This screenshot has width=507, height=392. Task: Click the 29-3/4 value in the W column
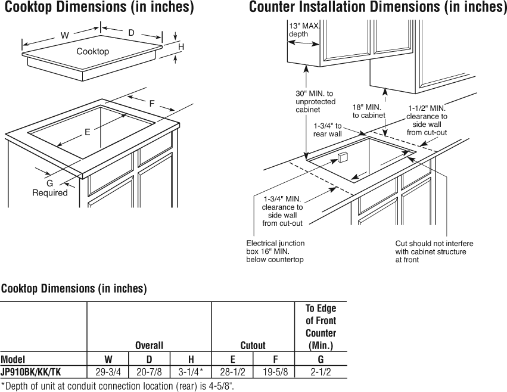107,372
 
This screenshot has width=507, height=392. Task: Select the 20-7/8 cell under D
149,372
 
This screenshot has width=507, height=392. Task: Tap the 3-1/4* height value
191,372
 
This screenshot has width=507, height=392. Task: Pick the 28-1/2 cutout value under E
232,372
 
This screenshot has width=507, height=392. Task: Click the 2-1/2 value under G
321,372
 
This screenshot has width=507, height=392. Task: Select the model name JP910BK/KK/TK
30,372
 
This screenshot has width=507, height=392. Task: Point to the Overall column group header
149,345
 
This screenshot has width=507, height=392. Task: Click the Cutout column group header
253,345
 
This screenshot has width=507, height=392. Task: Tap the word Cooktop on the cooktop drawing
92,52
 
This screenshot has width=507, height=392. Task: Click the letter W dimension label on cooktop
64,35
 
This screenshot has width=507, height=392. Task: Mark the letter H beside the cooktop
181,46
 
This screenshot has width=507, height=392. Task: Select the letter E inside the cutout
87,132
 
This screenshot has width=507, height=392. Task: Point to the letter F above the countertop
152,103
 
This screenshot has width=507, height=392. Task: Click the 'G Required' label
50,188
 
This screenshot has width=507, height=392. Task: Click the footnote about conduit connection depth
117,386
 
